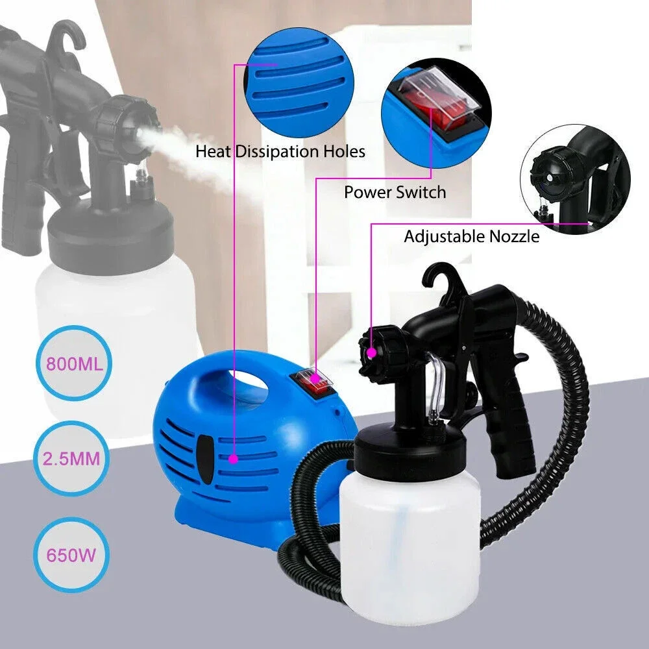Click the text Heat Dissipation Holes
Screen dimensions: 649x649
point(280,152)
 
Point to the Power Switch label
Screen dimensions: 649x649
point(395,192)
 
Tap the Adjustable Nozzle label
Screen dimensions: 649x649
point(471,236)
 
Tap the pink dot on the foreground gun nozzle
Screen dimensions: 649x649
point(372,352)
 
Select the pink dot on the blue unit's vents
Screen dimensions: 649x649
point(232,458)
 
